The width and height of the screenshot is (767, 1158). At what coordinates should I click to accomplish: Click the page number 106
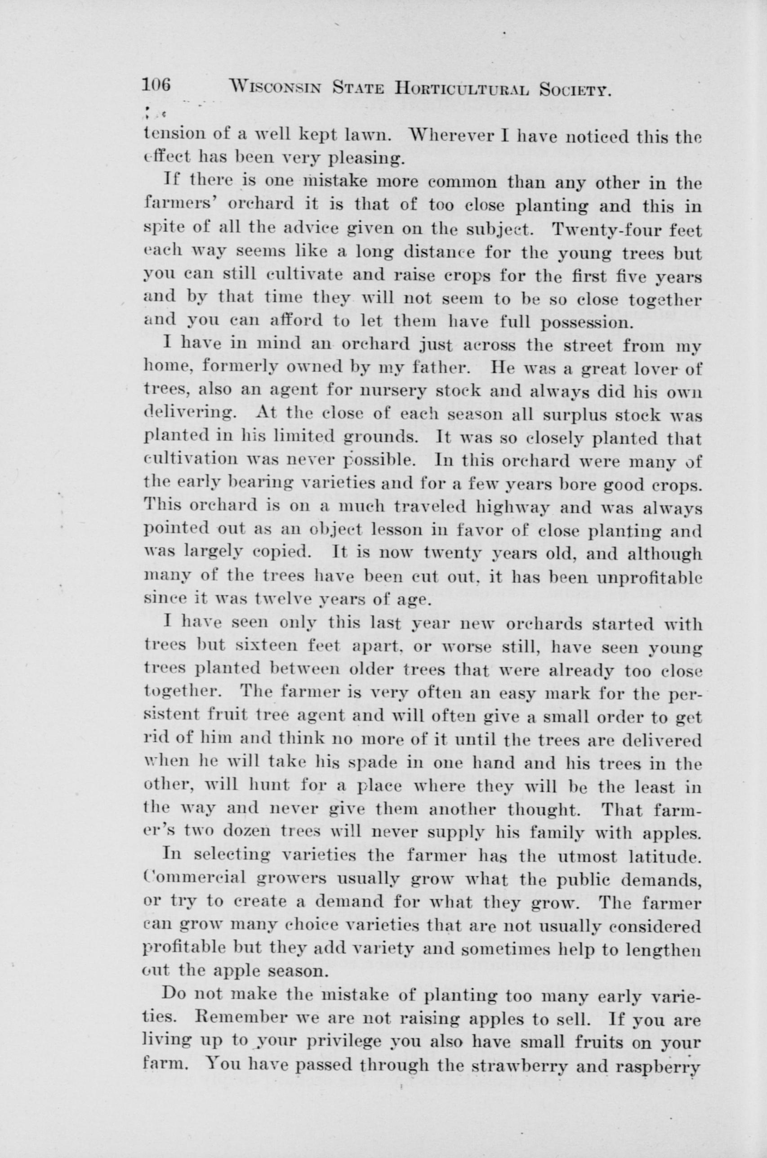click(x=156, y=85)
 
